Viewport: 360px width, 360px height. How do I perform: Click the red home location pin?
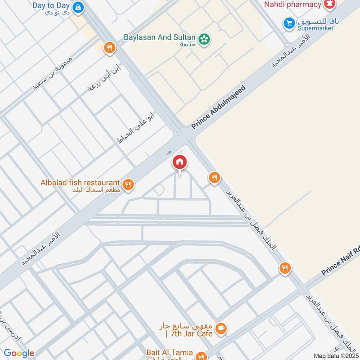pos(180,162)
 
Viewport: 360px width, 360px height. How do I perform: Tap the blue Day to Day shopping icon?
pos(78,7)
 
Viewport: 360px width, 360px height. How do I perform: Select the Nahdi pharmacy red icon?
pos(331,4)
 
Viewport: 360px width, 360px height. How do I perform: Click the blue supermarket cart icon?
pos(288,22)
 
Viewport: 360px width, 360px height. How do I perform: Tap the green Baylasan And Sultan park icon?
pos(204,39)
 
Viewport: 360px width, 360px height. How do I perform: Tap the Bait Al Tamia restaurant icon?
pos(201,355)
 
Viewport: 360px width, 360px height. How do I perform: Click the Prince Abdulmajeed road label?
pos(220,107)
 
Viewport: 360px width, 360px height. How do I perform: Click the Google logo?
pos(19,353)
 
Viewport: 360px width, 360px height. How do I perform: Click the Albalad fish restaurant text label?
pos(80,183)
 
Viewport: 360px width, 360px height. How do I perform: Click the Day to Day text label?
pos(51,6)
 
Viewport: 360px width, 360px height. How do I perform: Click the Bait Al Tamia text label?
pos(169,352)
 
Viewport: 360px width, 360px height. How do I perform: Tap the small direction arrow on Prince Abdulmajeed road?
pos(169,153)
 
